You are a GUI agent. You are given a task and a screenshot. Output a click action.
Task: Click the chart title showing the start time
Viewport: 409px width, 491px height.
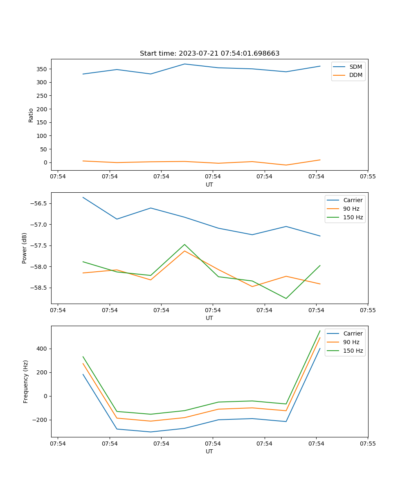pos(209,54)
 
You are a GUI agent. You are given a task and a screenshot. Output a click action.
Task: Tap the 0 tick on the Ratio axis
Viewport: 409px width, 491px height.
pos(46,162)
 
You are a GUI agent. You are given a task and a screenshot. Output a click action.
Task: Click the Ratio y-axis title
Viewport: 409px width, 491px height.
pos(31,115)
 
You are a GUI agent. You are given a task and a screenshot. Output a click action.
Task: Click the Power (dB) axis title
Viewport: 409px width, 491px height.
pos(25,248)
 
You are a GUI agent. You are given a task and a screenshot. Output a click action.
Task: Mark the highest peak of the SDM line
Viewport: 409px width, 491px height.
pos(184,64)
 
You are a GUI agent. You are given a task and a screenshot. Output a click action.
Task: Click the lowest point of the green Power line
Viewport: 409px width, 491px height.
pos(286,298)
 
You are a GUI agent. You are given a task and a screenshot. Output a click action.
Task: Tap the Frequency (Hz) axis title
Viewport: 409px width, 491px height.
pos(25,381)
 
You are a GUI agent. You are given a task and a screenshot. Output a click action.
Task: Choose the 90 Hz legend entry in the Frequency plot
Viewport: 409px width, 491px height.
pos(351,342)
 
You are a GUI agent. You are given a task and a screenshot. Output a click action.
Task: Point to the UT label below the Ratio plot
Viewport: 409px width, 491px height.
pos(209,185)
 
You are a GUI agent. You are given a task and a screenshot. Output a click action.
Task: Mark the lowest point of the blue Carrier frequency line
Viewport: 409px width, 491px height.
pos(151,432)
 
